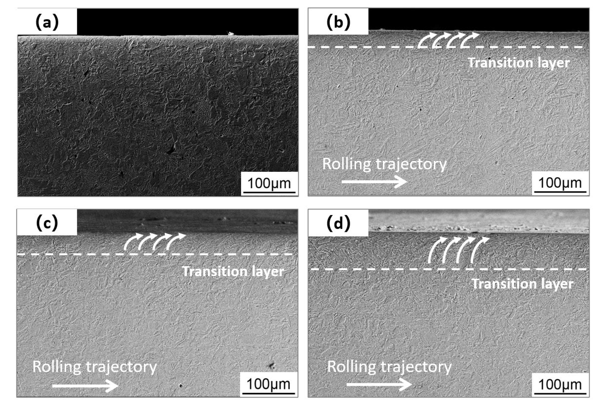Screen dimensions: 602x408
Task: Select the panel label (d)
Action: (x=338, y=223)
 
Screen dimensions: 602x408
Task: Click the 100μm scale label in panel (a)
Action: (x=269, y=183)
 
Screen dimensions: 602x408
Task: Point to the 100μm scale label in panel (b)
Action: (x=560, y=183)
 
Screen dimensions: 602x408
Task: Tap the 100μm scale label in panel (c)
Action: (x=268, y=384)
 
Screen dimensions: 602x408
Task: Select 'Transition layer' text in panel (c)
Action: (x=233, y=271)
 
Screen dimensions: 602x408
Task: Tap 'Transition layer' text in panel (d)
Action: (x=522, y=283)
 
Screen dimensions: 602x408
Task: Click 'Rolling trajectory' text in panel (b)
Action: (x=384, y=164)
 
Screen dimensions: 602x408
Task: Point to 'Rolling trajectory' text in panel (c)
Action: (x=95, y=367)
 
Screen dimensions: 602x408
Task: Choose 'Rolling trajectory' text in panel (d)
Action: (x=389, y=367)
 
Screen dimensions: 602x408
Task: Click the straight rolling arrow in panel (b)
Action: (x=374, y=182)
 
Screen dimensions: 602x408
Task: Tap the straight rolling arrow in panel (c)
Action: (x=85, y=386)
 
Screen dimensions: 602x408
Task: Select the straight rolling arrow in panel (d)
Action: (x=379, y=384)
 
